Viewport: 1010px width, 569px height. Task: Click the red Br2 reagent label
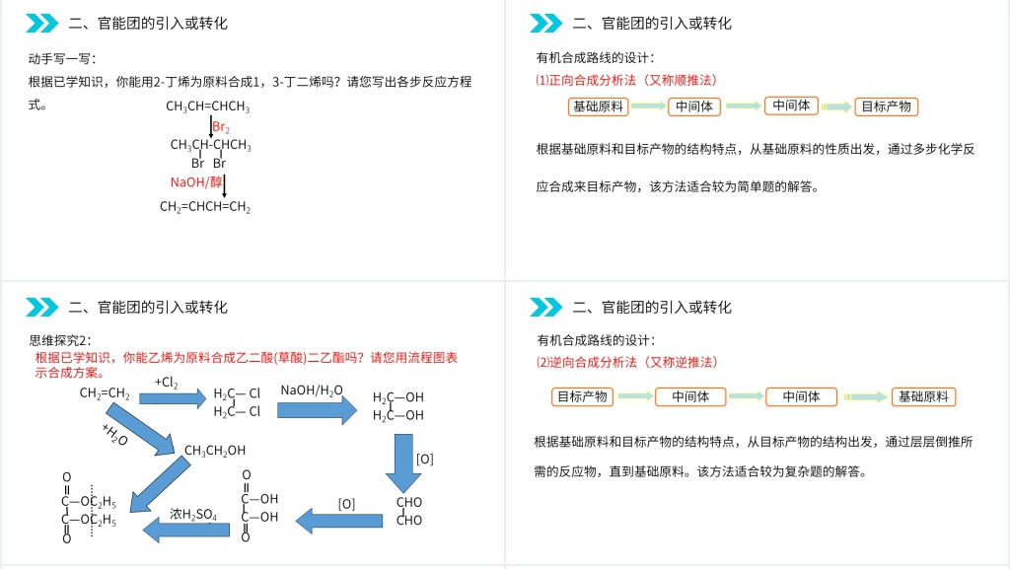point(221,128)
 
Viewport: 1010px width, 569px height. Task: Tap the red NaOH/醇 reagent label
point(196,181)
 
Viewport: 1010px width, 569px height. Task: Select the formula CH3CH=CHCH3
point(207,107)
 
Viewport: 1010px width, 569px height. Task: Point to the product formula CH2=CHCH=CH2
point(205,207)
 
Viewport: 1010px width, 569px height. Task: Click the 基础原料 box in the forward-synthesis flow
point(598,107)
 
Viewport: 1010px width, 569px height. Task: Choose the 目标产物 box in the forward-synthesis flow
point(886,107)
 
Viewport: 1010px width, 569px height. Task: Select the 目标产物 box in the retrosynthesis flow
point(582,396)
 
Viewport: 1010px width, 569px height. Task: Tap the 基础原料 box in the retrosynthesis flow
point(923,396)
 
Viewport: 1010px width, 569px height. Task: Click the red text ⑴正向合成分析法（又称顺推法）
point(625,80)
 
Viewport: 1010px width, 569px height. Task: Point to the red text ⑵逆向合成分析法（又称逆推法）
point(625,362)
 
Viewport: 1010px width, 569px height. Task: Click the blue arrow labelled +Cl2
point(172,397)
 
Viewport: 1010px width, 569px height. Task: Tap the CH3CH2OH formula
point(215,451)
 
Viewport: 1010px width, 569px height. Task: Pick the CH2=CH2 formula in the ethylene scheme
point(105,393)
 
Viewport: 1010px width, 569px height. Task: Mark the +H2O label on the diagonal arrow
point(114,435)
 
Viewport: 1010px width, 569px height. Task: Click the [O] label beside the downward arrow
point(424,459)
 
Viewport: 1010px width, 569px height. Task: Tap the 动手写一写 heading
point(63,58)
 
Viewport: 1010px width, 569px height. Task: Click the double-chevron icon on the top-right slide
point(545,23)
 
